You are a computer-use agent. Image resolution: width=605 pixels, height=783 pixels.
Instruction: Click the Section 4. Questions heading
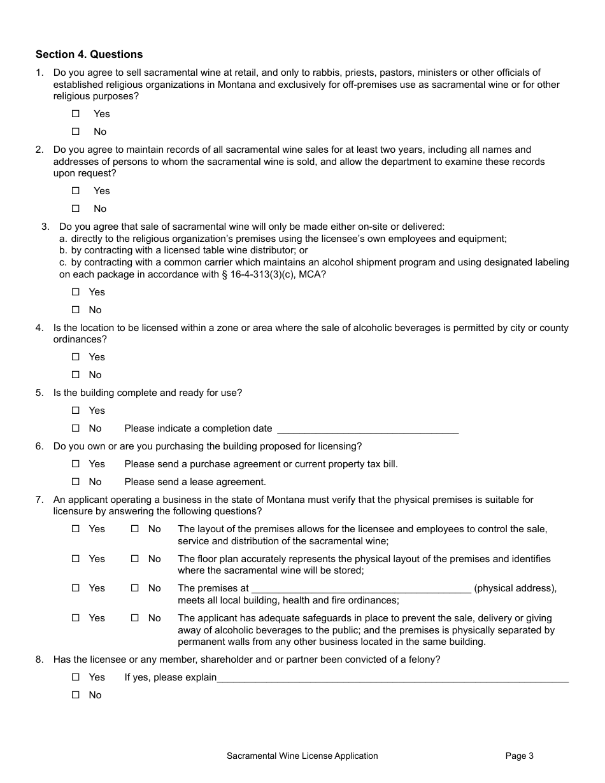pos(89,54)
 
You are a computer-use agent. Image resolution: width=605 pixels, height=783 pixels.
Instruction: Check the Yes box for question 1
pos(76,114)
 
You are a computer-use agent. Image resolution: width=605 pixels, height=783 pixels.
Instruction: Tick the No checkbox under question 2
pos(76,208)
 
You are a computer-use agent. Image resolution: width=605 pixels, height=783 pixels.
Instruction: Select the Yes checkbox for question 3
pos(76,292)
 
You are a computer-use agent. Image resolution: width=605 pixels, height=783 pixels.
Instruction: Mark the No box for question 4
pos(76,375)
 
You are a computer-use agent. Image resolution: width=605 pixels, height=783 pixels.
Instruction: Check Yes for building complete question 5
pos(76,411)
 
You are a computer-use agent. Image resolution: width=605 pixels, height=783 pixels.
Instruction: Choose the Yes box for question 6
pos(76,464)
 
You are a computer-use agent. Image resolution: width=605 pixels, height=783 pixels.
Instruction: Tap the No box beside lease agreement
pos(76,482)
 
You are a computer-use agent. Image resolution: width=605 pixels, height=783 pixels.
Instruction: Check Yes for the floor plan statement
pos(76,559)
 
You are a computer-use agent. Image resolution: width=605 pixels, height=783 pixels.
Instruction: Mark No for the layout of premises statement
pos(135,529)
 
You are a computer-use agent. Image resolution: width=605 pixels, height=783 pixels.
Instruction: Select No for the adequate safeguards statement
pos(135,618)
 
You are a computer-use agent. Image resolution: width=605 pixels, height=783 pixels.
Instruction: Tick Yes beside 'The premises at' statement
pos(76,588)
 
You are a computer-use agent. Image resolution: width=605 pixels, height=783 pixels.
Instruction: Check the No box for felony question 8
pos(76,695)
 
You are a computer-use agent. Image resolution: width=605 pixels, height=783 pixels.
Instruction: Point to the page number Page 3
pos(519,756)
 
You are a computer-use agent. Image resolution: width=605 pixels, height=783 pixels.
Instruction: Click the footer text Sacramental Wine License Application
pos(302,756)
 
